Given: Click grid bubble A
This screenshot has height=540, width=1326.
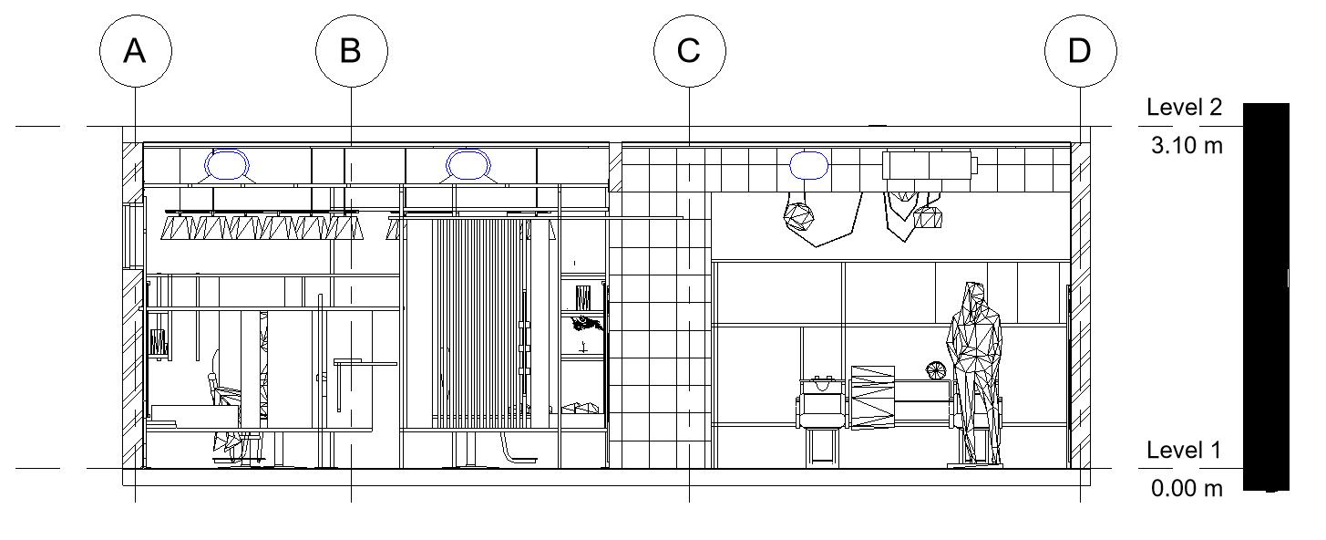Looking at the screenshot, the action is pyautogui.click(x=135, y=51).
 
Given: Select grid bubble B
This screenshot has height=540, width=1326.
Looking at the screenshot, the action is pyautogui.click(x=351, y=51).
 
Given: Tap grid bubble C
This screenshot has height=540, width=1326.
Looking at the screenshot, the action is pyautogui.click(x=689, y=51).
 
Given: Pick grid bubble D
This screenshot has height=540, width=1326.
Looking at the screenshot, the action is pyautogui.click(x=1080, y=51).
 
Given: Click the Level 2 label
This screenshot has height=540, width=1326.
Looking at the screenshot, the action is pyautogui.click(x=1184, y=108).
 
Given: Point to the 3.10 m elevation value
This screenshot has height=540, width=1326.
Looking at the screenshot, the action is pyautogui.click(x=1187, y=145).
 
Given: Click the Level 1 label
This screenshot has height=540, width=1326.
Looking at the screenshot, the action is pyautogui.click(x=1184, y=451).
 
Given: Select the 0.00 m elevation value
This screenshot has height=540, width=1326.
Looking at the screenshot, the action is pyautogui.click(x=1187, y=489).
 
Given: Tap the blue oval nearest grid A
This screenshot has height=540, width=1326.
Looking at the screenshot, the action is pyautogui.click(x=227, y=165).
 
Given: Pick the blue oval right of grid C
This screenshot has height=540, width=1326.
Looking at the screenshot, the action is pyautogui.click(x=808, y=165).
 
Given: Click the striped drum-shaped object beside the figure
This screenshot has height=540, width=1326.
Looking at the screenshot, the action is pyautogui.click(x=872, y=396).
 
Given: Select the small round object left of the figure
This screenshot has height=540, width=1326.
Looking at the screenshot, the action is pyautogui.click(x=936, y=370).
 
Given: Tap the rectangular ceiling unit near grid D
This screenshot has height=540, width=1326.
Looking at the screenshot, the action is pyautogui.click(x=929, y=166).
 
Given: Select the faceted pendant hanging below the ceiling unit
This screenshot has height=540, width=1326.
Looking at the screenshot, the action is pyautogui.click(x=929, y=217).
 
